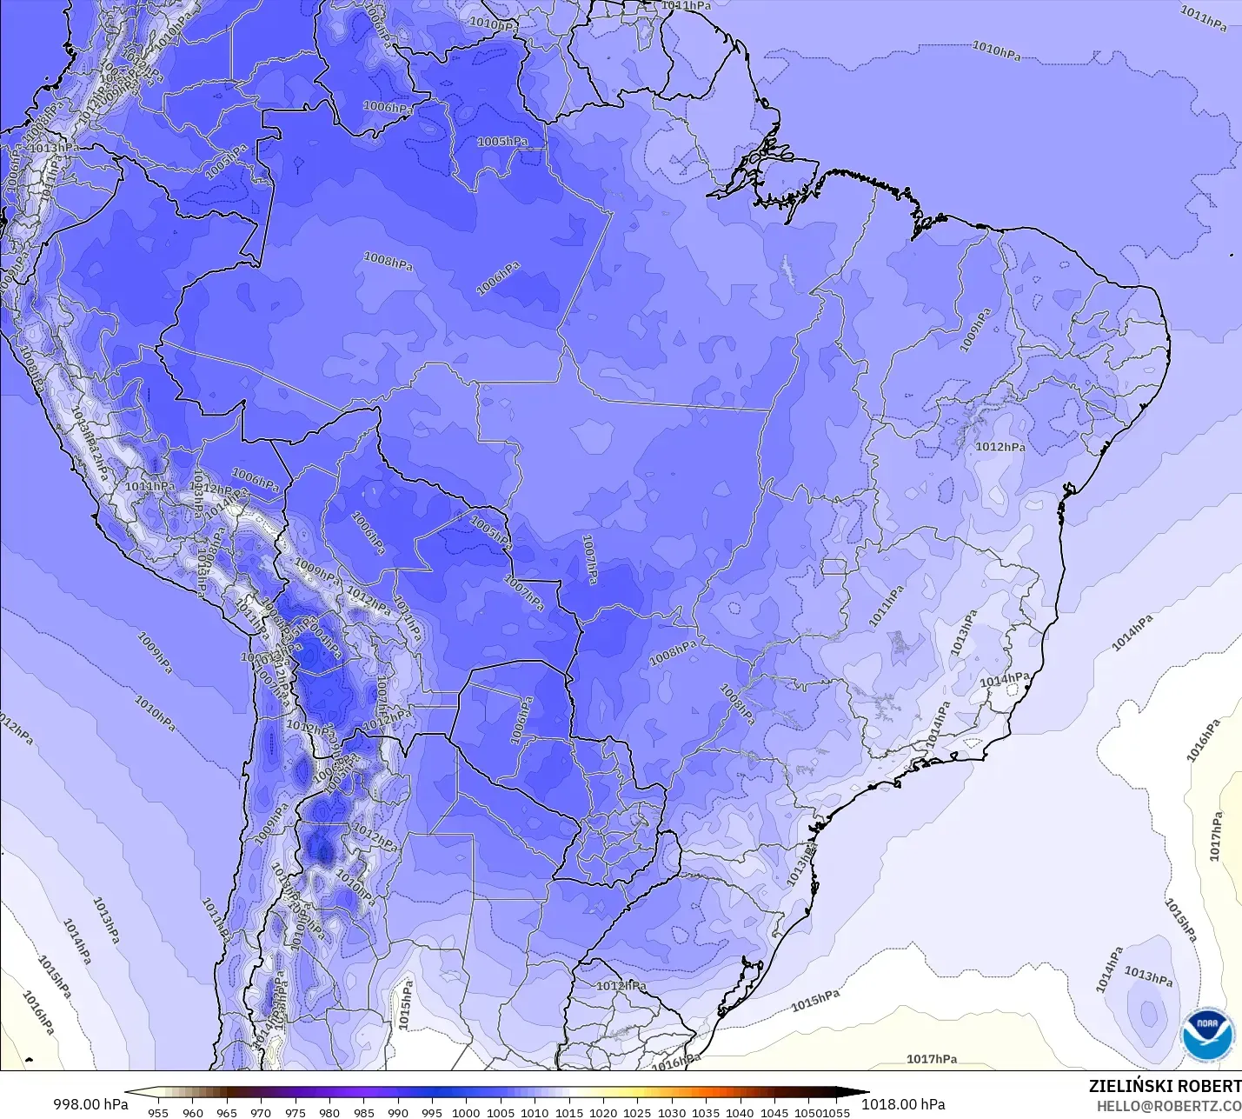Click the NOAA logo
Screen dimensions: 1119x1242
1207,1035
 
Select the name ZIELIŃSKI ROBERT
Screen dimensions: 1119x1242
1165,1086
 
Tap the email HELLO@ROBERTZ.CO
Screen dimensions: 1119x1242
1168,1106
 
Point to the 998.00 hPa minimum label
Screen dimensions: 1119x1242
90,1104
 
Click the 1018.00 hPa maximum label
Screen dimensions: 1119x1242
903,1104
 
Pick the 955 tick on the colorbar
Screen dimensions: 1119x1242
158,1112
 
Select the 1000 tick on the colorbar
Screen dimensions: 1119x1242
466,1112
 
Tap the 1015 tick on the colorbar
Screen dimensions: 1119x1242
569,1112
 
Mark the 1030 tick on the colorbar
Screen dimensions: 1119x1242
672,1112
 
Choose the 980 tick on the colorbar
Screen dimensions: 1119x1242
329,1112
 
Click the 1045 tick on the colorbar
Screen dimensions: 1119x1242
774,1112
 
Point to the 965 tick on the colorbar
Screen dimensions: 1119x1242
227,1112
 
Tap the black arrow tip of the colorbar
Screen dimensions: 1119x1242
864,1093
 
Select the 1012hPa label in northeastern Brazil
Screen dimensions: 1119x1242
1000,447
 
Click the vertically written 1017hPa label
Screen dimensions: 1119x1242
1216,836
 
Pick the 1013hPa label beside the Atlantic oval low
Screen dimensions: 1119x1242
1148,976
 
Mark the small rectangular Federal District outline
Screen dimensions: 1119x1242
834,567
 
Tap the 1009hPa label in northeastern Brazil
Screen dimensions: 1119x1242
974,330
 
